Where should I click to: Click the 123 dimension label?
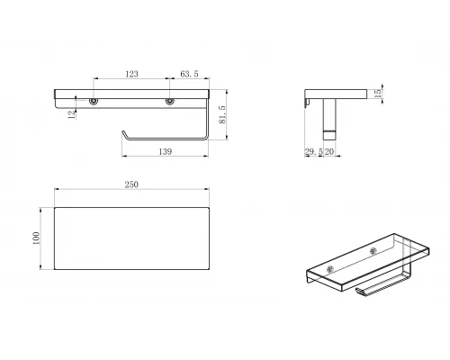pyautogui.click(x=131, y=74)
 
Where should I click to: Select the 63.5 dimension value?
pyautogui.click(x=189, y=74)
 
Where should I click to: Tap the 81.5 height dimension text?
pyautogui.click(x=222, y=114)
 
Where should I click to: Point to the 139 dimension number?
pyautogui.click(x=166, y=152)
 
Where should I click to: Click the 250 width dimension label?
pyautogui.click(x=131, y=184)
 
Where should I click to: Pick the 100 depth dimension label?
pyautogui.click(x=36, y=238)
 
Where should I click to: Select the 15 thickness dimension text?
pyautogui.click(x=378, y=93)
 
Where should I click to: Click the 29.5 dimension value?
pyautogui.click(x=314, y=152)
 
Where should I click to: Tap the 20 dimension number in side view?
pyautogui.click(x=329, y=152)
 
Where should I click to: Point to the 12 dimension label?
pyautogui.click(x=72, y=114)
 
